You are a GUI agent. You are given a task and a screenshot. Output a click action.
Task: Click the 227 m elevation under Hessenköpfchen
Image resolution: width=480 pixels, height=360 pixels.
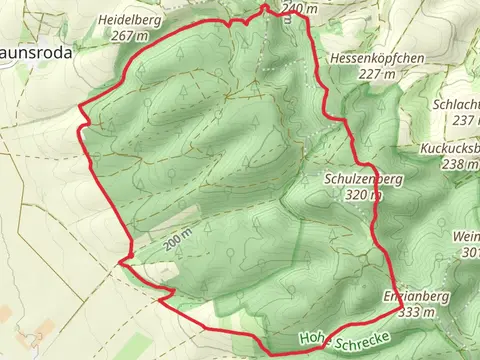coord(377,73)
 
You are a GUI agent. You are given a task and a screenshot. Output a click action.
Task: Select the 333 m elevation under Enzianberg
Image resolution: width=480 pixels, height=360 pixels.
coord(416,313)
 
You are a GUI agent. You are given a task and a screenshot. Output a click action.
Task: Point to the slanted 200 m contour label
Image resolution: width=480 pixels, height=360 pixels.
coord(178,243)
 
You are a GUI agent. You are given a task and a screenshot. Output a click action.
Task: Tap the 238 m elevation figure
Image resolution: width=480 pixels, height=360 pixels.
coord(460,164)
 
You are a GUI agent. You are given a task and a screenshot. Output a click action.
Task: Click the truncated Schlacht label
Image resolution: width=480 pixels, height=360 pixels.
coord(458,104)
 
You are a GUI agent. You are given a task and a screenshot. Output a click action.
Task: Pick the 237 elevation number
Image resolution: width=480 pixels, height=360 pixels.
coord(464,120)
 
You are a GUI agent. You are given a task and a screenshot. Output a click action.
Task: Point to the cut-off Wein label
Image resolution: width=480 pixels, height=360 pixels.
coord(466,236)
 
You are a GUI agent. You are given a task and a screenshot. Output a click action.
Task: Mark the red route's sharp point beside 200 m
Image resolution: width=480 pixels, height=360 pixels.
coord(120,262)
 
